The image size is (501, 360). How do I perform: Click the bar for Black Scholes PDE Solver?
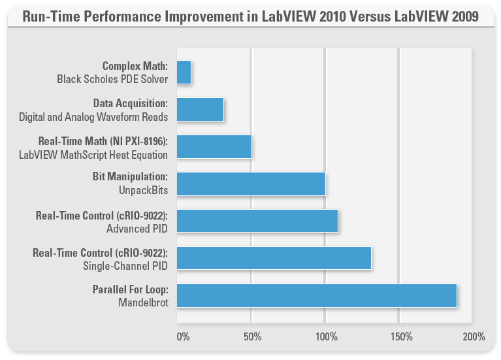[x=184, y=73]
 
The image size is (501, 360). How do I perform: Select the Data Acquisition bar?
[x=200, y=110]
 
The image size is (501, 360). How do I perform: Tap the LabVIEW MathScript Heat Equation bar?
[x=214, y=147]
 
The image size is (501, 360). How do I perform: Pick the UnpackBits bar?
[x=251, y=184]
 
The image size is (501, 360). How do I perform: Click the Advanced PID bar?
[x=257, y=221]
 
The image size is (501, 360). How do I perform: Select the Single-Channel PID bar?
[x=274, y=258]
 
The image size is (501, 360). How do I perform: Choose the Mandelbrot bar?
[x=316, y=295]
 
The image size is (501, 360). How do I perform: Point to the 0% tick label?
[x=184, y=337]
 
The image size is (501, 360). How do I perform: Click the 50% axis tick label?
[x=253, y=337]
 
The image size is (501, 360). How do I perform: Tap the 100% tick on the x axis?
[x=326, y=337]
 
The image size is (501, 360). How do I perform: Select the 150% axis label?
[x=401, y=337]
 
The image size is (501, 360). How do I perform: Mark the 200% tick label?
[x=474, y=337]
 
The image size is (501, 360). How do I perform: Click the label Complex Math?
[x=135, y=66]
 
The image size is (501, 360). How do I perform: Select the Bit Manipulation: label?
[x=131, y=177]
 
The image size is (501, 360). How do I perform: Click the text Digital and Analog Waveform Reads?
[x=93, y=117]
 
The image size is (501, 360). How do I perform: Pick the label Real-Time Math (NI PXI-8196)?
[x=103, y=140]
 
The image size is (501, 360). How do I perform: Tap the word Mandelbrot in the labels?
[x=143, y=303]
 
